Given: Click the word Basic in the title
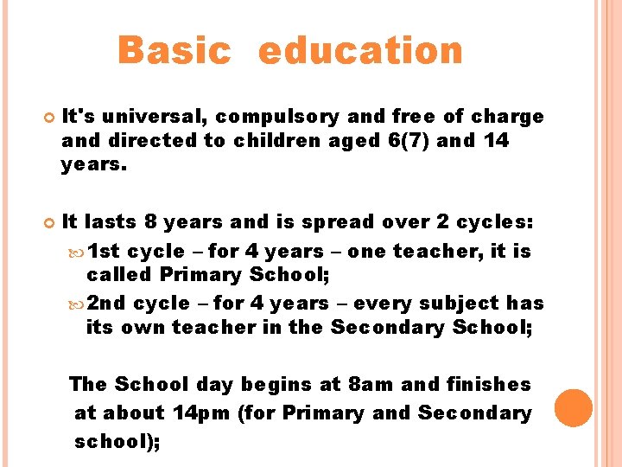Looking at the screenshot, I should [x=175, y=50].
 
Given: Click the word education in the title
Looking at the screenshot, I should [x=360, y=50].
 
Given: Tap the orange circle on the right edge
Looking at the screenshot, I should [x=574, y=408].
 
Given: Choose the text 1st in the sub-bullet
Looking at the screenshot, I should [x=106, y=252].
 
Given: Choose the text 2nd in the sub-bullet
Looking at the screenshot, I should [x=108, y=304].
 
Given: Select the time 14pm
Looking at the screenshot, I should [x=201, y=413].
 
